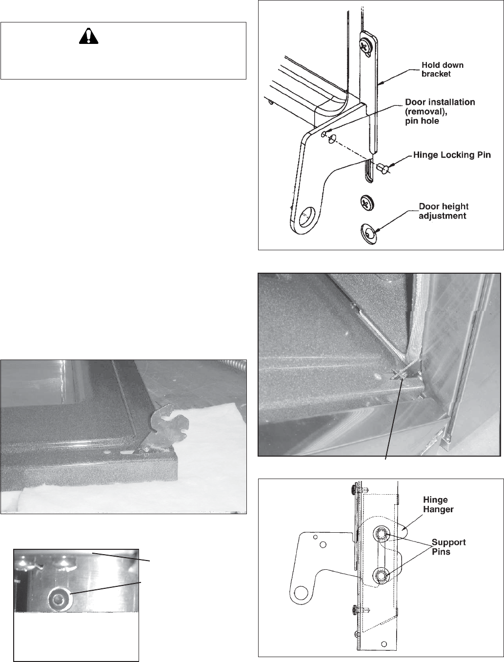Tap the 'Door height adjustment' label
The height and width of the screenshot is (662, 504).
click(x=443, y=211)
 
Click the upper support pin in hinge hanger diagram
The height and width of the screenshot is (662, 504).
click(x=381, y=535)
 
